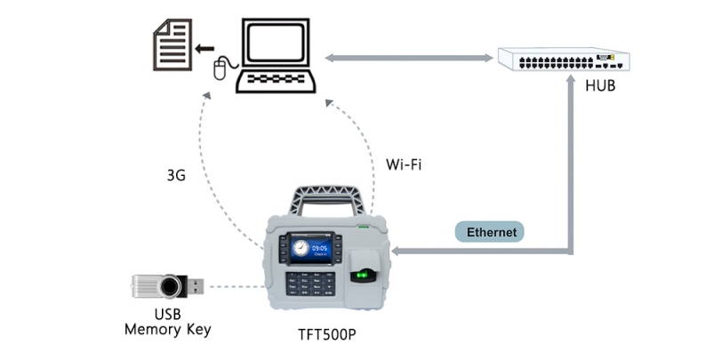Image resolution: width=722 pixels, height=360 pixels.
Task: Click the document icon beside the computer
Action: [172, 44]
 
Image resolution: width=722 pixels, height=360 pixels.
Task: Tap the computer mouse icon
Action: [221, 69]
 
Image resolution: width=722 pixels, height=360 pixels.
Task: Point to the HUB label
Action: [600, 86]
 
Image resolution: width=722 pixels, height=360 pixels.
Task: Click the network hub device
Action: [563, 60]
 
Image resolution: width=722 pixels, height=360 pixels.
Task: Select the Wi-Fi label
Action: [404, 164]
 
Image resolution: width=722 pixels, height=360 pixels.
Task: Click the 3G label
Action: [176, 175]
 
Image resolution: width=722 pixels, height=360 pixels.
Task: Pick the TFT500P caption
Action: [327, 335]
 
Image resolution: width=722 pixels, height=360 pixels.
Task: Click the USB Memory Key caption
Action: [167, 322]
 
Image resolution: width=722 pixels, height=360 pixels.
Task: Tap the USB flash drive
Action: [168, 286]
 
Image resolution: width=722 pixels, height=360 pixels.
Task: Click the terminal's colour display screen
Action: [312, 249]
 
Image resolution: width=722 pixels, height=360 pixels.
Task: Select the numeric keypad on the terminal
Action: [310, 283]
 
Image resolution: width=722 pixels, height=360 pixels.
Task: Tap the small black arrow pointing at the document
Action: [204, 48]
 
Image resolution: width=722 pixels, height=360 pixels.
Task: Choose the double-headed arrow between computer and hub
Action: [408, 58]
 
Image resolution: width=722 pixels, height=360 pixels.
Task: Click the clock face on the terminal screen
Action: [301, 249]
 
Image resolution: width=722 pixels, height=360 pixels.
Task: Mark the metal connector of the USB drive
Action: [196, 286]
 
